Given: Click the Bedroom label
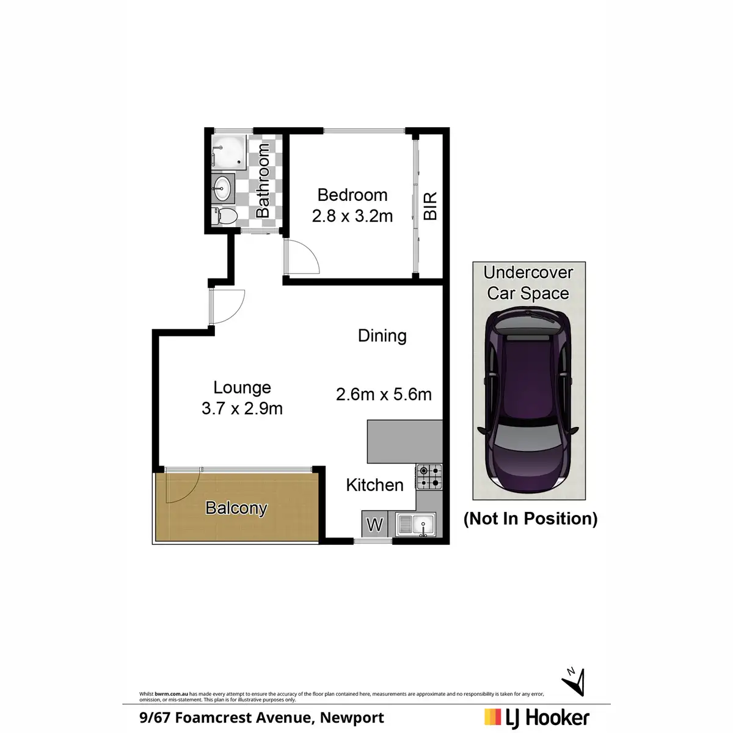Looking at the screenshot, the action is (x=352, y=195).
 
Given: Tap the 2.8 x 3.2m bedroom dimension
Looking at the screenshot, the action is (x=352, y=216).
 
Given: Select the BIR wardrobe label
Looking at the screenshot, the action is (x=430, y=206).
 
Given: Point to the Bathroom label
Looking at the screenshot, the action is (x=263, y=181).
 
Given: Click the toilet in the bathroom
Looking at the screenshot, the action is (x=225, y=216).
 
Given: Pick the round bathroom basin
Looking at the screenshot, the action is (x=223, y=188).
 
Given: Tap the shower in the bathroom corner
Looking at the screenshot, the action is (x=229, y=152).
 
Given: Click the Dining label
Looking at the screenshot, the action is (x=382, y=335).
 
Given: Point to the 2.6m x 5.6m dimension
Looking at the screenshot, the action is (x=384, y=395).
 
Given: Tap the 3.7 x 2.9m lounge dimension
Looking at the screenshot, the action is (x=242, y=409).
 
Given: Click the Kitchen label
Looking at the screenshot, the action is (x=374, y=485).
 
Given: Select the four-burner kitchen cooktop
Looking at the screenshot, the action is (x=429, y=476).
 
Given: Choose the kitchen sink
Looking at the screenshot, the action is (x=416, y=524).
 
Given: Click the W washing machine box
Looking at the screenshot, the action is (x=374, y=525).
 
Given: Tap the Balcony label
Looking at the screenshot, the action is (x=236, y=508).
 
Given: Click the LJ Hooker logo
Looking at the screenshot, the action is (x=537, y=718).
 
